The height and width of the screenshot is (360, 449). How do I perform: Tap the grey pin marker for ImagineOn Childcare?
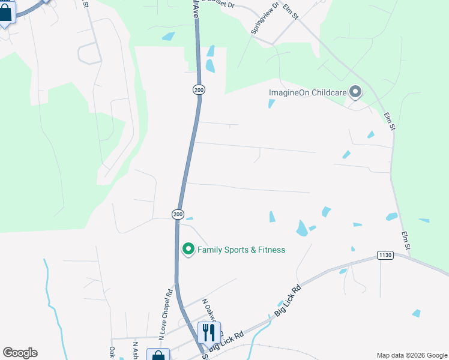click(x=355, y=92)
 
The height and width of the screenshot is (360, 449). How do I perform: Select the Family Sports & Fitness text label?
click(x=241, y=250)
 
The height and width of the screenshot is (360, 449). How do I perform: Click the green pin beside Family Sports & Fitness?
click(x=188, y=248)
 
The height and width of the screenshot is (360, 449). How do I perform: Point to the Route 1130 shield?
click(x=385, y=256)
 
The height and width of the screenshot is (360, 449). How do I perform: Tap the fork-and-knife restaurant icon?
click(x=209, y=332)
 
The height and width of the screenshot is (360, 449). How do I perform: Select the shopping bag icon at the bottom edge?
click(x=158, y=355)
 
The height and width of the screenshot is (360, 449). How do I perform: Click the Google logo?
click(x=20, y=353)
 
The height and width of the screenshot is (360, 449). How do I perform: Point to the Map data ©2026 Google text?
click(x=412, y=355)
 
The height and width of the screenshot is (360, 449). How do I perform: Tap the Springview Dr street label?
click(x=266, y=19)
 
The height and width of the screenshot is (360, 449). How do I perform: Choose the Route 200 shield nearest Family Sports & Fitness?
click(x=178, y=214)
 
